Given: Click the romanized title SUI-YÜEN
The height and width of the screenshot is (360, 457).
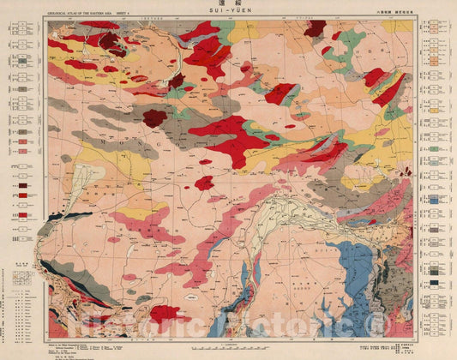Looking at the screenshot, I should pos(229,15).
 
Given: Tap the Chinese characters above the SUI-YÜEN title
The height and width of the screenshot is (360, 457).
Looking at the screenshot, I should pos(229,6).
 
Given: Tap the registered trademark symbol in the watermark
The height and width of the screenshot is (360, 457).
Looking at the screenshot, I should pos(374,322).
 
